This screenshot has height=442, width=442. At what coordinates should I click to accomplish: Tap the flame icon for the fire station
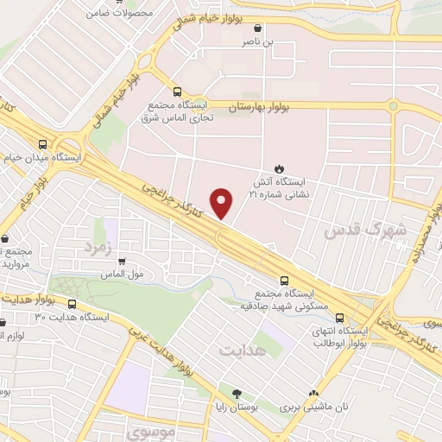279,167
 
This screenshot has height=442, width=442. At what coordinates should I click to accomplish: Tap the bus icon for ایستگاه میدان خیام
41,144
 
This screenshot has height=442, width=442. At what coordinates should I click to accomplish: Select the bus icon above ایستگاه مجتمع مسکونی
285,280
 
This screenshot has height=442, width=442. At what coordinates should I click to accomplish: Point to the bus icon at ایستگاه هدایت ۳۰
72,304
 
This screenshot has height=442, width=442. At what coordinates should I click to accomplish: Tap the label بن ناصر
260,41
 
